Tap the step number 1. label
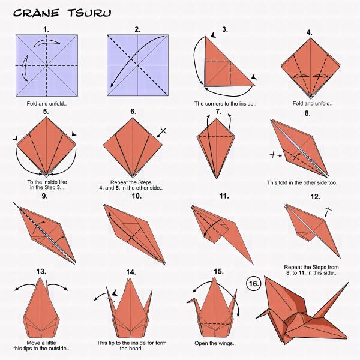[x=46, y=29]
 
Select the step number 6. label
[x=133, y=112]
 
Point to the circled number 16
[x=253, y=282]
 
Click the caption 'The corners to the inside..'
[x=225, y=103]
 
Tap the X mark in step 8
[x=275, y=155]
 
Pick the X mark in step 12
[x=328, y=210]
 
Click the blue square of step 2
[x=137, y=65]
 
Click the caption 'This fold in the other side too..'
[x=301, y=182]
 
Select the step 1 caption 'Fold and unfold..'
[x=46, y=103]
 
